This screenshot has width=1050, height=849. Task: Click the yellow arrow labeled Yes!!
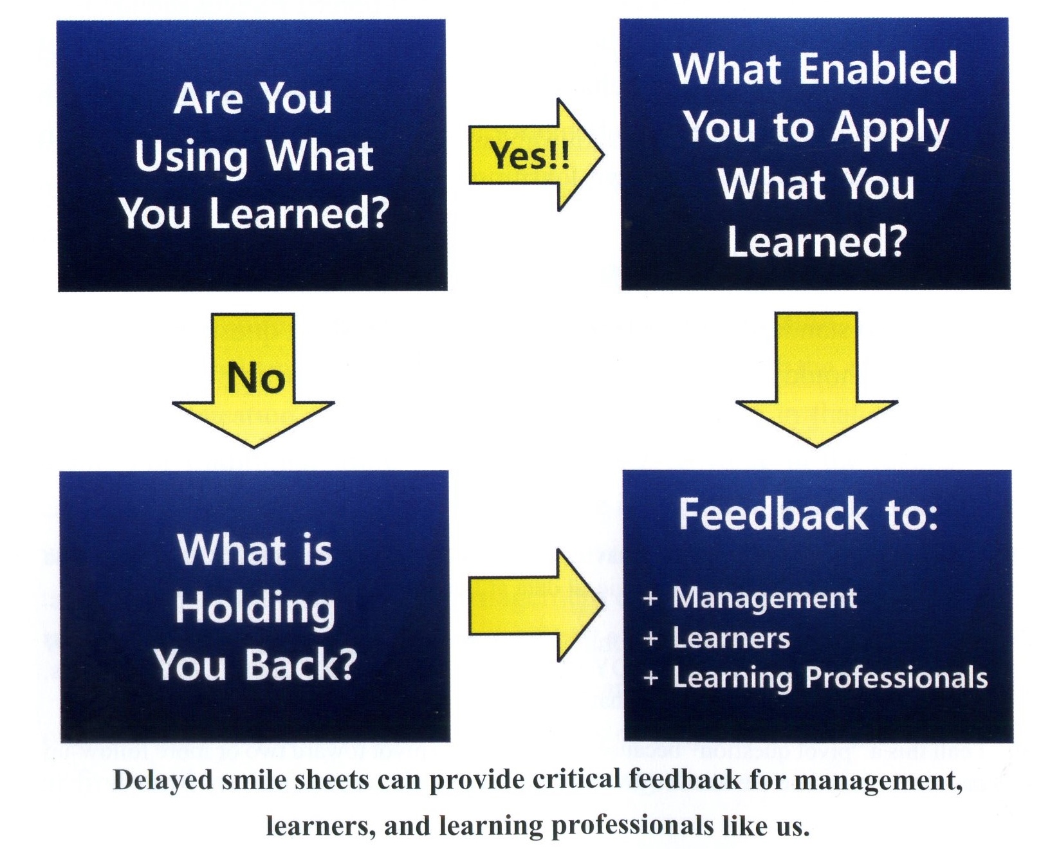[x=536, y=155]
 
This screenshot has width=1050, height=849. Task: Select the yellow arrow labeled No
[x=253, y=379]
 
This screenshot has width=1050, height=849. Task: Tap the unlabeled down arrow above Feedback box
[x=816, y=379]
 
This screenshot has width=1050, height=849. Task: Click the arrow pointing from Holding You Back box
[x=536, y=605]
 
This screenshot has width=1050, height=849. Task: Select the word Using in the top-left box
[x=191, y=157]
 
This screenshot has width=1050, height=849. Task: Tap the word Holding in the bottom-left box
[x=255, y=608]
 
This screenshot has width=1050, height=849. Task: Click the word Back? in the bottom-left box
[x=300, y=664]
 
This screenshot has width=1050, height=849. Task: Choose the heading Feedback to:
[x=808, y=515]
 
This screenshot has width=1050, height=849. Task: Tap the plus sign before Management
[x=650, y=599]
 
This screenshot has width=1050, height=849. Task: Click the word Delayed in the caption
[x=163, y=781]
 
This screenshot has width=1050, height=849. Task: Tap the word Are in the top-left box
[x=208, y=99]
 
